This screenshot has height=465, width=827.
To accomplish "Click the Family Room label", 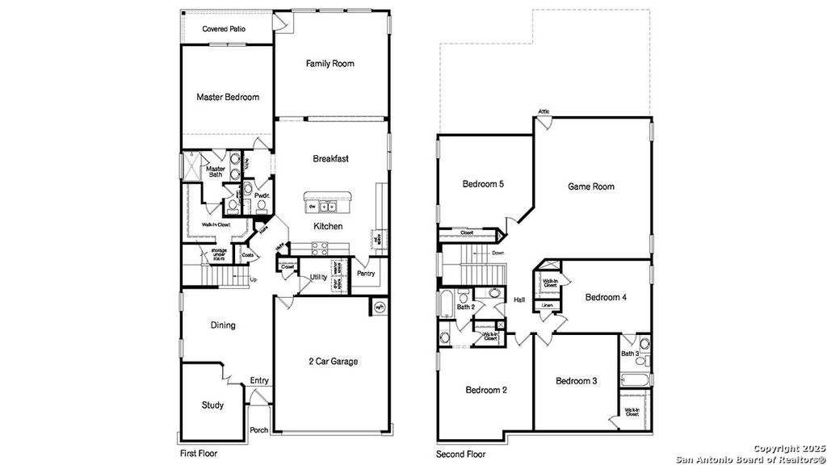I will (330, 64).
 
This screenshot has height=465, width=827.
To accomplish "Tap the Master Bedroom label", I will (228, 97).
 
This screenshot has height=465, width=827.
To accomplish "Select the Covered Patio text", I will (224, 29).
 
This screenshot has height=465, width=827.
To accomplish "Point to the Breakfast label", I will (330, 159).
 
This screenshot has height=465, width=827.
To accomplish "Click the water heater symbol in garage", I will (380, 307).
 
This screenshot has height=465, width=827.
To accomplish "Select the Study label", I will (212, 405).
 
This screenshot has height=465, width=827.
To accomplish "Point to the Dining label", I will (223, 325).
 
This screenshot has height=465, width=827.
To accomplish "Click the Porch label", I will (258, 430).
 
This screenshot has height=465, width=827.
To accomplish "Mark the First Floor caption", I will (197, 454).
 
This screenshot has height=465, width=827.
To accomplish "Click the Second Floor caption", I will (462, 454).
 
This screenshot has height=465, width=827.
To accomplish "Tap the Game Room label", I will (590, 186).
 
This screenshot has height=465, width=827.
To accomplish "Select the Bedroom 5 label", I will (483, 184).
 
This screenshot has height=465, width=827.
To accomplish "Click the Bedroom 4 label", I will (606, 297).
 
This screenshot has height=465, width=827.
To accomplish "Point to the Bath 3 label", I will (630, 354).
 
